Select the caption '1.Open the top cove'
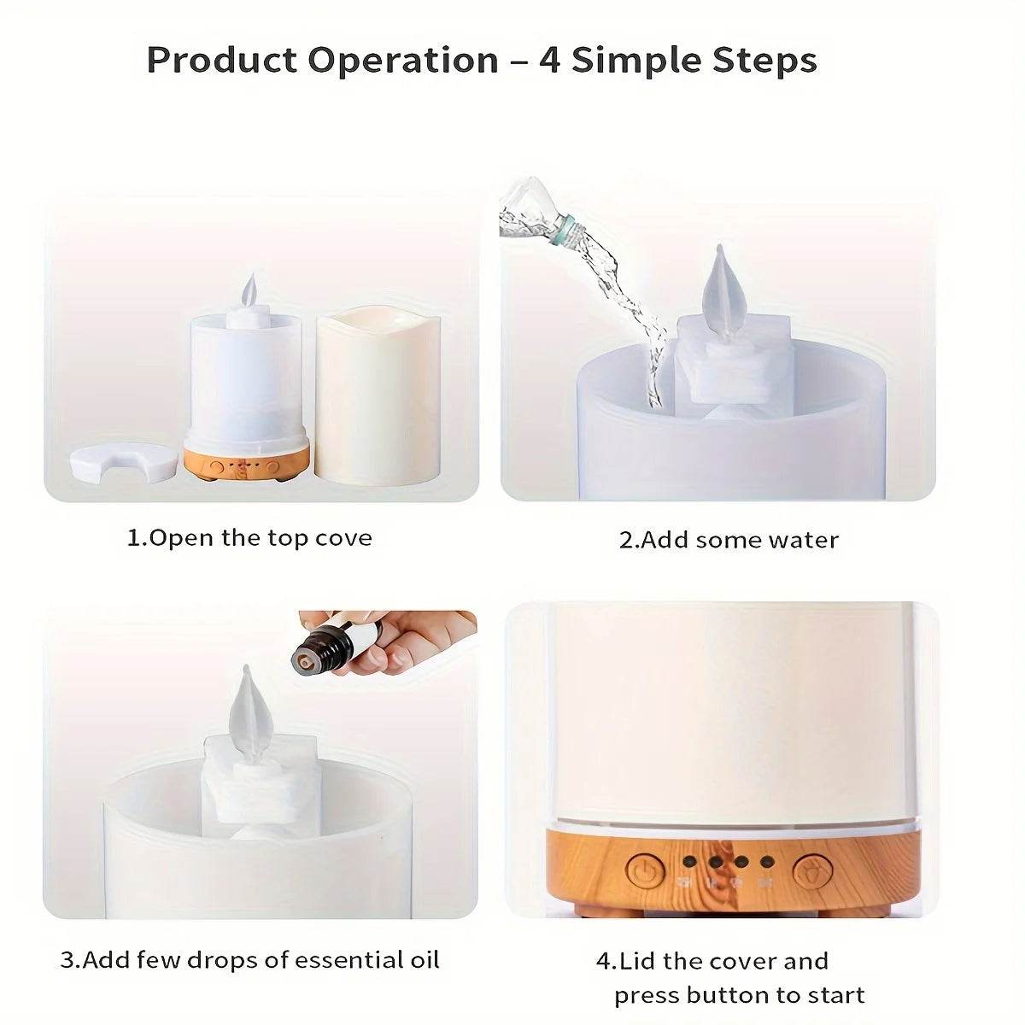pyautogui.click(x=249, y=538)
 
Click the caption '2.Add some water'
pyautogui.click(x=729, y=540)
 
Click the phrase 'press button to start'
pyautogui.click(x=739, y=995)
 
